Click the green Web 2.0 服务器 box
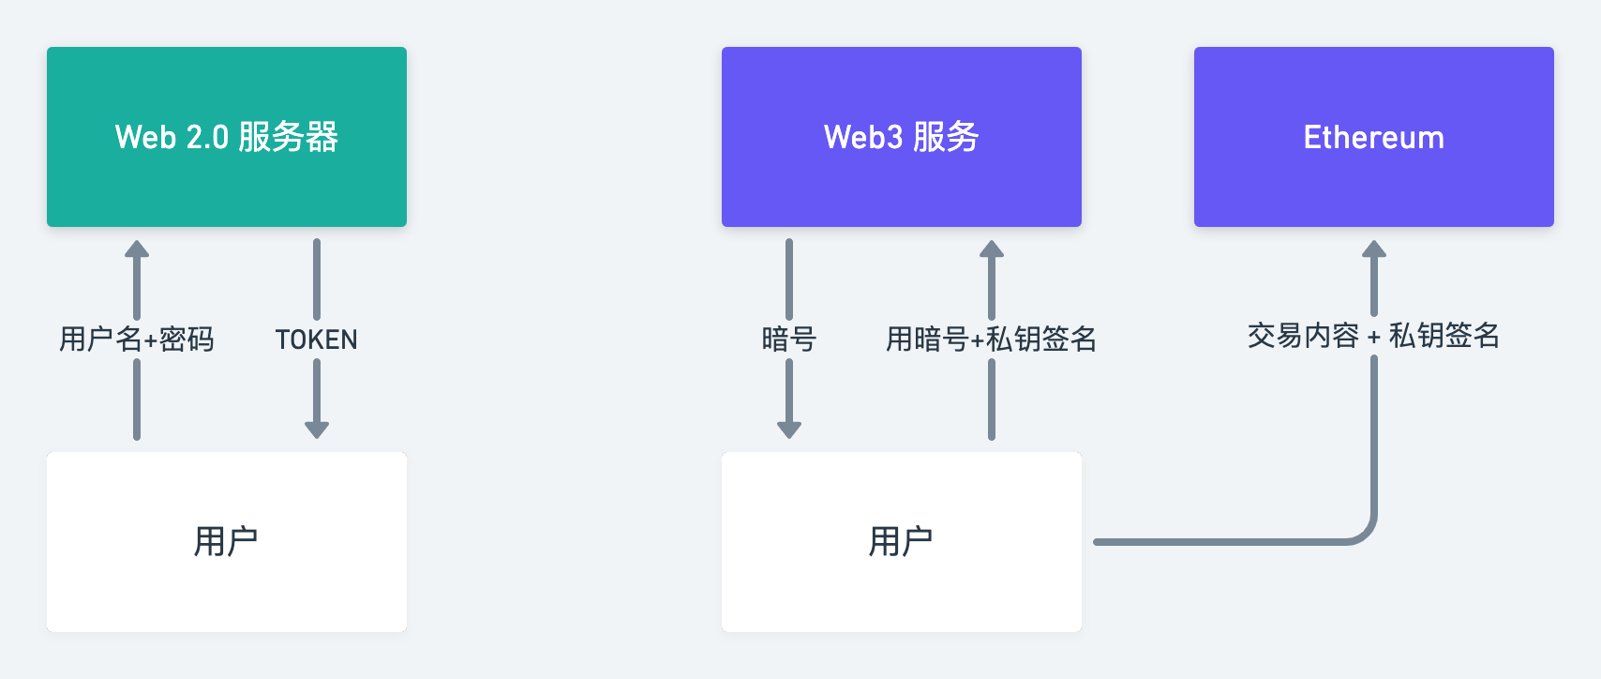[227, 137]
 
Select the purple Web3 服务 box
[902, 137]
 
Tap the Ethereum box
[1374, 137]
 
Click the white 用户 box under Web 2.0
[227, 541]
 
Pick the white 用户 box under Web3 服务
[902, 541]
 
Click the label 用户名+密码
[137, 339]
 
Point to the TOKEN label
[317, 339]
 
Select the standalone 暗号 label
[789, 339]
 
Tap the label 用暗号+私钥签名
[992, 339]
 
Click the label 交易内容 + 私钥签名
[1374, 335]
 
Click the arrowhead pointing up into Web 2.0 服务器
[137, 249]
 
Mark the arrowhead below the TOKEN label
[317, 430]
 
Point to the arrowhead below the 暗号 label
[789, 430]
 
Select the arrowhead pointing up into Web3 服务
[992, 249]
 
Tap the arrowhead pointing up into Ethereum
[1374, 249]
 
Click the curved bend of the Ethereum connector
[1364, 533]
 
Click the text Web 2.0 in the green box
[172, 137]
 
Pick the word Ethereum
[1374, 137]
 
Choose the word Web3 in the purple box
[863, 137]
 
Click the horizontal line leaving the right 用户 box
[1219, 542]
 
